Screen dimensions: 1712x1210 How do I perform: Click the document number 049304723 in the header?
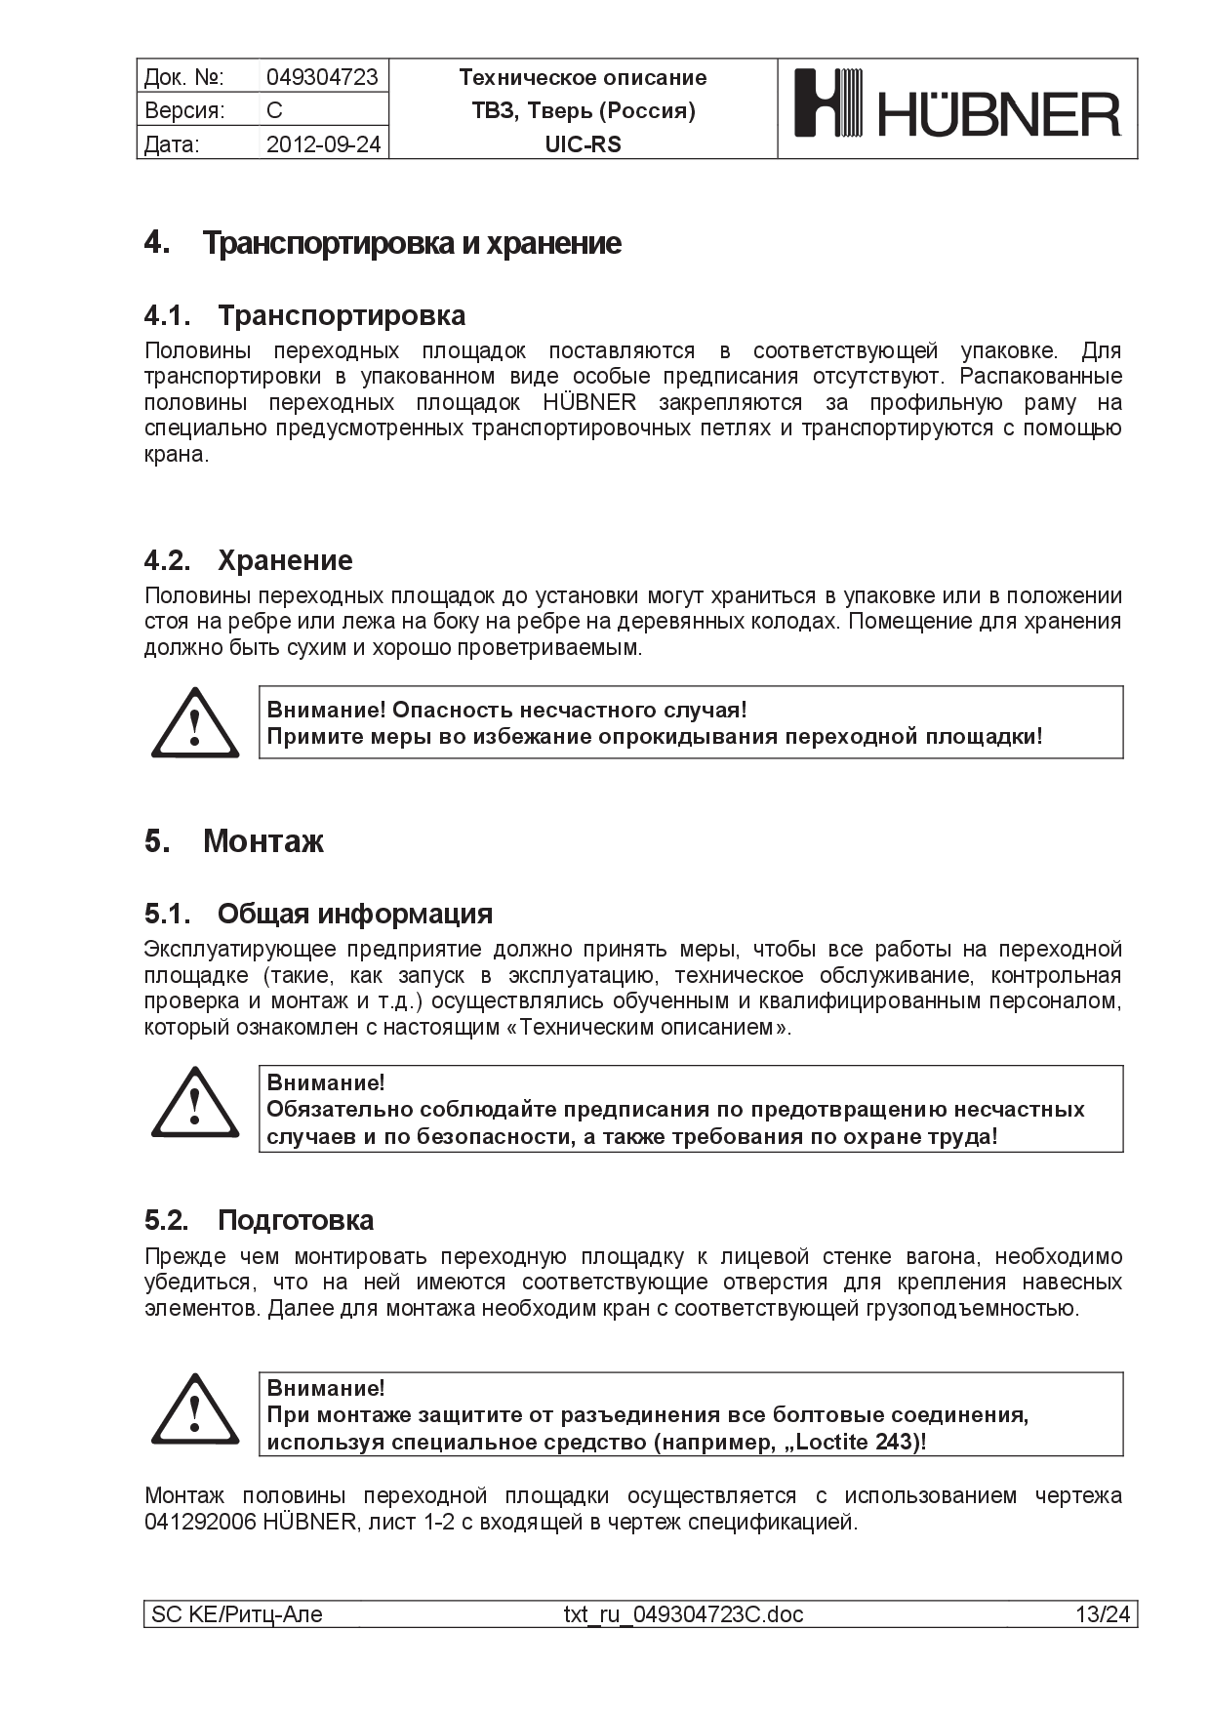[x=322, y=77]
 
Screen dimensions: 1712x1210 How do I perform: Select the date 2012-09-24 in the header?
[x=323, y=144]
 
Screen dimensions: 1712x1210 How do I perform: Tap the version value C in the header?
[x=274, y=110]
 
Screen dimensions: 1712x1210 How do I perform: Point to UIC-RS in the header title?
[x=583, y=144]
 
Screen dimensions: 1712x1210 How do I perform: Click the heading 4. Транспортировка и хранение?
[x=383, y=243]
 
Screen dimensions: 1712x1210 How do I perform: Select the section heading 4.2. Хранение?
[x=249, y=560]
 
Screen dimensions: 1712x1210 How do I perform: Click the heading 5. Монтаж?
[x=234, y=841]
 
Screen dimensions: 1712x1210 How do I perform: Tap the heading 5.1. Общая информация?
[x=318, y=914]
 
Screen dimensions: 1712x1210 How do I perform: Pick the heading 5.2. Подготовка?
[x=260, y=1220]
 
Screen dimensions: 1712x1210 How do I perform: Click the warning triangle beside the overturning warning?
[x=195, y=724]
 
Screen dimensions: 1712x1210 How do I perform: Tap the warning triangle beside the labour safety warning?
[x=195, y=1104]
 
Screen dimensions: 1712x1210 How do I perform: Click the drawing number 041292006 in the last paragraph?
[x=199, y=1522]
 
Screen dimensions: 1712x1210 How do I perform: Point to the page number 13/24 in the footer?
[x=1102, y=1614]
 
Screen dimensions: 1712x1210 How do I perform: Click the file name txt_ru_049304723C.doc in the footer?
[x=683, y=1614]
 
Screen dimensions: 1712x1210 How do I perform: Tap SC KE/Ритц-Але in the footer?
[x=237, y=1614]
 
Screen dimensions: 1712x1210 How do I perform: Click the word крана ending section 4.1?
[x=175, y=455]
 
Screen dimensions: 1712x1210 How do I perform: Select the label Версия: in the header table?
[x=184, y=110]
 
